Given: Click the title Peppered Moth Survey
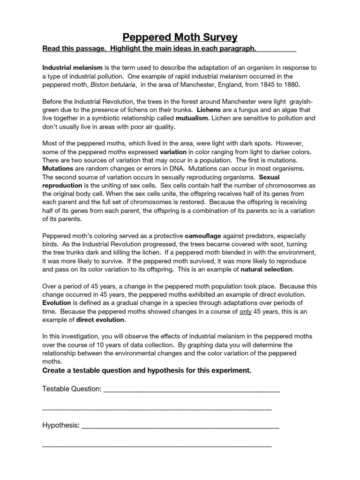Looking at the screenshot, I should (x=180, y=37).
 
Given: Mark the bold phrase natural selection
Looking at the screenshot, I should (x=267, y=270).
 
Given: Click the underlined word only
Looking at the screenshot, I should (x=245, y=312).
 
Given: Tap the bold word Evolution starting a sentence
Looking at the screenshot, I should (x=57, y=303).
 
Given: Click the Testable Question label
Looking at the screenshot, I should (x=72, y=389).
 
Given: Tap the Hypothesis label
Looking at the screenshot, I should (x=61, y=426).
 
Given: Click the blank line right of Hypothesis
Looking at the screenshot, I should (x=180, y=427).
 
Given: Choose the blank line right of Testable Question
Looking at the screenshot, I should (x=192, y=390).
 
